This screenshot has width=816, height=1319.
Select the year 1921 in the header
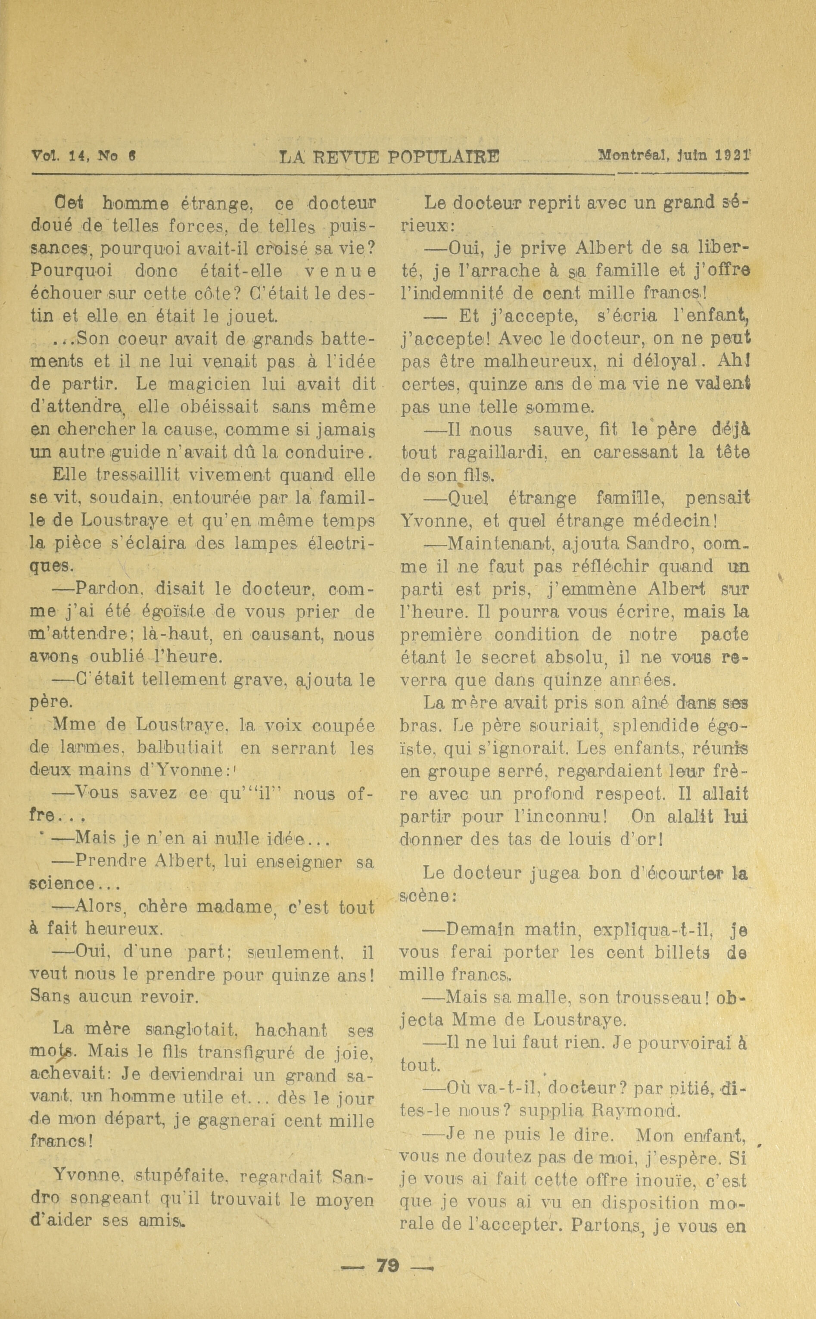click(732, 156)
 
